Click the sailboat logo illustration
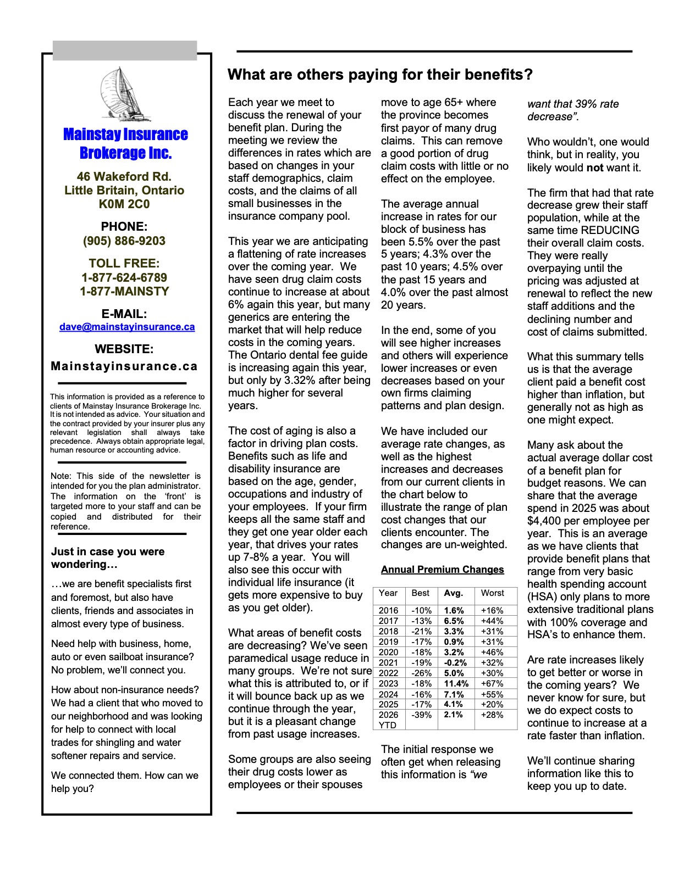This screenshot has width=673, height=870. [x=125, y=94]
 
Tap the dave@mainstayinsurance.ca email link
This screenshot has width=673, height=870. [x=127, y=327]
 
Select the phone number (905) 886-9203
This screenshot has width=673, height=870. [x=124, y=241]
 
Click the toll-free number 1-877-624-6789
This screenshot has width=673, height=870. [x=124, y=277]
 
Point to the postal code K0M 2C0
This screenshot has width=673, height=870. [x=124, y=204]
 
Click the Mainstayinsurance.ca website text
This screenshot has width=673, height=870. [x=124, y=366]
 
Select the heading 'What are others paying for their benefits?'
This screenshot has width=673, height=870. [x=380, y=75]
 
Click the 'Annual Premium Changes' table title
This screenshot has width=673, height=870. [x=442, y=570]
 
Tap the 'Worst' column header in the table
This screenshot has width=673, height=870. [x=492, y=593]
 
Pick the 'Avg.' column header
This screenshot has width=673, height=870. [x=454, y=593]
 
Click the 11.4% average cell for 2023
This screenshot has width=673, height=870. [x=456, y=684]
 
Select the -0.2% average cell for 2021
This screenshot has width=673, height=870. [x=455, y=663]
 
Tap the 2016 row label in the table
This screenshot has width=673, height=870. [x=388, y=611]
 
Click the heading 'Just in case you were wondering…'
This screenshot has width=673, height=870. [x=108, y=558]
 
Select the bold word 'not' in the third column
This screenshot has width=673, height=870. [x=595, y=168]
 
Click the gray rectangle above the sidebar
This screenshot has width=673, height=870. [x=125, y=50]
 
